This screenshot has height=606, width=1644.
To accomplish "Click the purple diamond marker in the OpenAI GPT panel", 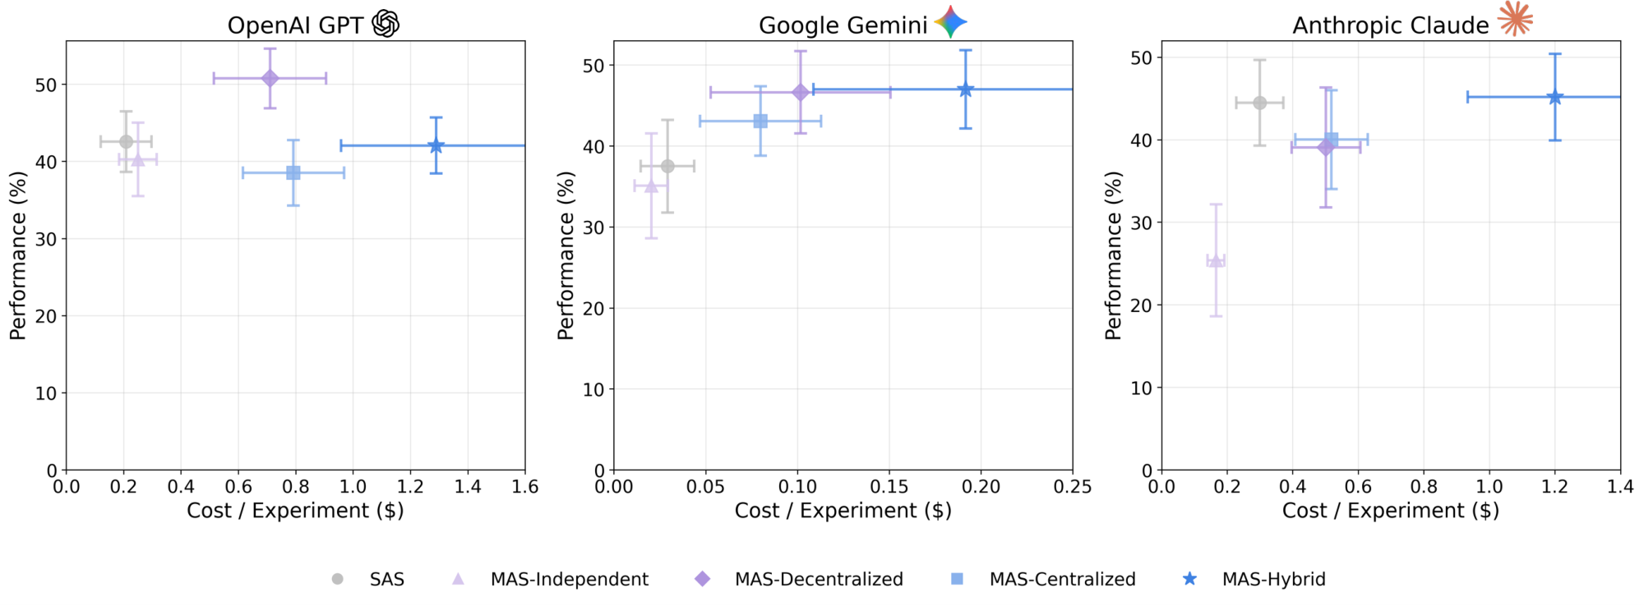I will coord(270,78).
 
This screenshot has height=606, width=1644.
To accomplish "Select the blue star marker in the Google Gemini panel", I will coord(966,90).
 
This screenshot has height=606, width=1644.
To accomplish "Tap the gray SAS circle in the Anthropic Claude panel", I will coord(1259,103).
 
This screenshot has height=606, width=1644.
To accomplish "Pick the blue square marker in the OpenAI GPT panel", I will coord(293,172).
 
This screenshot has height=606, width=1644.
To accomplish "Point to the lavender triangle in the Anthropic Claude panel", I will coord(1216,261).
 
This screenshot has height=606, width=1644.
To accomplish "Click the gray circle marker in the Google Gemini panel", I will coord(667,166).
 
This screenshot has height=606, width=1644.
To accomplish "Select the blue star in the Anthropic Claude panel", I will coord(1554,97).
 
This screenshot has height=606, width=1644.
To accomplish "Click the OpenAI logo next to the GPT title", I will coord(386,24).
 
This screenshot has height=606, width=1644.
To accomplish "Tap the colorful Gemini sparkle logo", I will coord(950,22).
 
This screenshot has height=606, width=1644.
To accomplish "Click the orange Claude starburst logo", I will coord(1515,19).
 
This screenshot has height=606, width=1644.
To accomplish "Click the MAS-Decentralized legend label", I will coord(819,579).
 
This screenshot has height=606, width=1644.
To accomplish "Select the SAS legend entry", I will coord(386,579).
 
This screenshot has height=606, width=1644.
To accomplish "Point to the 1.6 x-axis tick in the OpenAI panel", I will coord(525,487).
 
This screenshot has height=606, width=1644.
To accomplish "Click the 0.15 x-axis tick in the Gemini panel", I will coord(889,487).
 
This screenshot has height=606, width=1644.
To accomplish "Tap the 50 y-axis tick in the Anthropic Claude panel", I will coord(1141,57).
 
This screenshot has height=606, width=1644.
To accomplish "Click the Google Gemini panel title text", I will coord(843,25).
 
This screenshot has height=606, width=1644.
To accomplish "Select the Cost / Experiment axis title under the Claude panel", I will coord(1390,511).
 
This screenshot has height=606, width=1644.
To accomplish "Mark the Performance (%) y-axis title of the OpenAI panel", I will coord(18,255).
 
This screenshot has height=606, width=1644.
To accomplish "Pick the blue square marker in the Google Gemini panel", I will coord(760,122).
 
